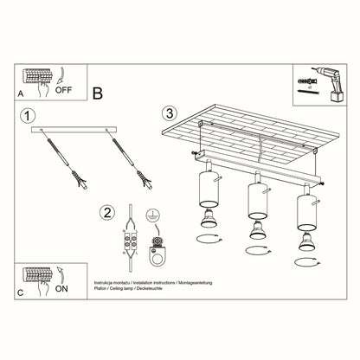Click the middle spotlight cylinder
click(255, 197)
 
